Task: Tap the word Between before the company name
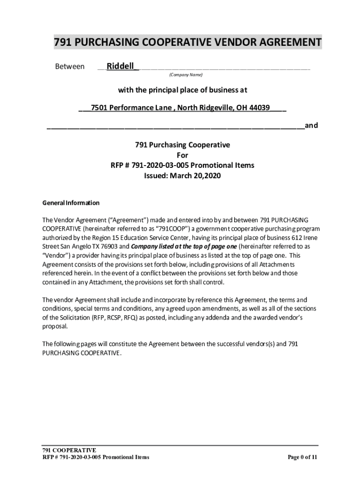point(70,66)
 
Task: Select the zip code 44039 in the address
point(259,108)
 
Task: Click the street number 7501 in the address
point(99,108)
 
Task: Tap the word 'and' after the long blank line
point(311,126)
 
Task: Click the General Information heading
point(71,203)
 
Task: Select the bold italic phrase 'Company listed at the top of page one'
point(184,246)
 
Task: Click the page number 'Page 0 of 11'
point(302,457)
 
